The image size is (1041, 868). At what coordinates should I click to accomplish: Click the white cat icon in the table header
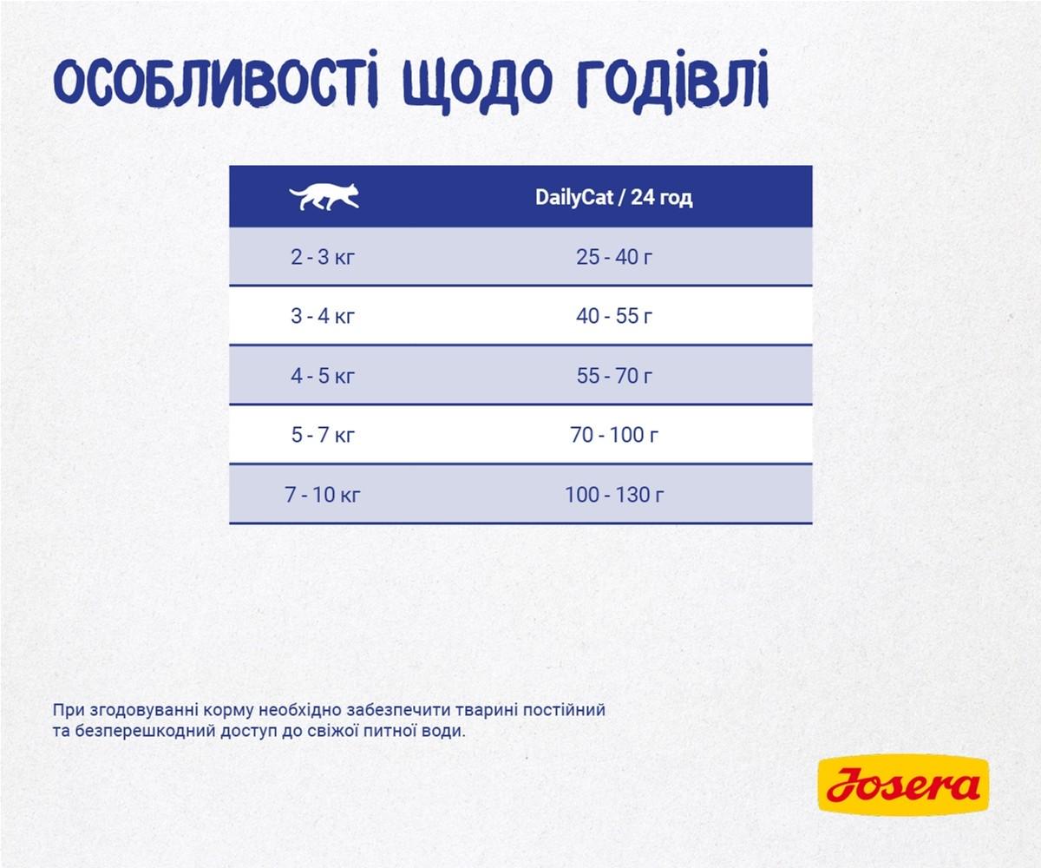324,197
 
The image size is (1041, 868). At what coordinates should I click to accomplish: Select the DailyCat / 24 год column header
613,198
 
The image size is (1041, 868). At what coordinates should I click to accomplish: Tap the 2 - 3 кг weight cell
323,257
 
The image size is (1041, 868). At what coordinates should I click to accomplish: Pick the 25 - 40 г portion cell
613,257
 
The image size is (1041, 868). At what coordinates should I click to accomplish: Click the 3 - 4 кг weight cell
323,316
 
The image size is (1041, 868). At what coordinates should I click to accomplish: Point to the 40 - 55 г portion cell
613,316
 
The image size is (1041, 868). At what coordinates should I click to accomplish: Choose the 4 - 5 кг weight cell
323,376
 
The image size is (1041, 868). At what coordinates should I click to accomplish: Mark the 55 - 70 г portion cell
613,376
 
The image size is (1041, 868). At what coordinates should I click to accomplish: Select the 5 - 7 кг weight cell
323,435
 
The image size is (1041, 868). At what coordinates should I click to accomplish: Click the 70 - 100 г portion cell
613,435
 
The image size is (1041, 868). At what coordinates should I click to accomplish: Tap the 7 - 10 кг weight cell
323,495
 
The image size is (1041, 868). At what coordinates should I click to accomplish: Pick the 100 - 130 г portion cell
613,495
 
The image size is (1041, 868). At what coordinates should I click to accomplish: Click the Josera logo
902,786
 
